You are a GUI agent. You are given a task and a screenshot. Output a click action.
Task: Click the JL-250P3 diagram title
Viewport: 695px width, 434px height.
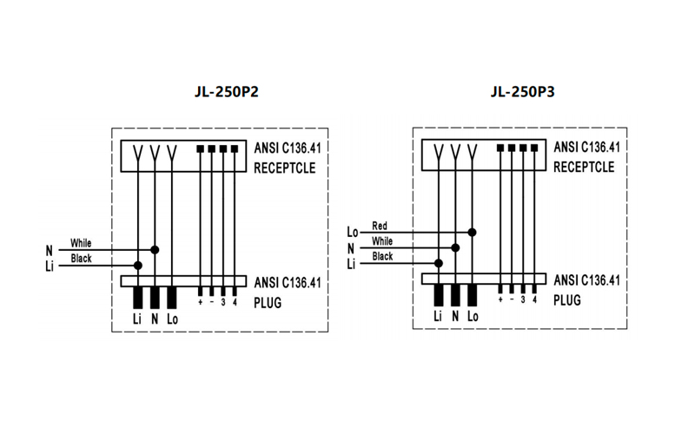(522, 91)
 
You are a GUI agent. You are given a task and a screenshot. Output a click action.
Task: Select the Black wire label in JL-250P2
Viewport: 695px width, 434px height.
(81, 259)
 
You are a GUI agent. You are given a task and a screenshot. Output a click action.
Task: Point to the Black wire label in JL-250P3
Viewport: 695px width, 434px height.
(382, 257)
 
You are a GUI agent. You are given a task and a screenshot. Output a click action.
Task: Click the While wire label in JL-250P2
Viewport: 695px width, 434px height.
(81, 243)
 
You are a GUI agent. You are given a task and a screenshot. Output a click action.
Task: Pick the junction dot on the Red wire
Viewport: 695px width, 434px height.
(472, 232)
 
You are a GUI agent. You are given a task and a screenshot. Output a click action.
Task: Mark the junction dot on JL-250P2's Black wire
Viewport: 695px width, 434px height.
(138, 265)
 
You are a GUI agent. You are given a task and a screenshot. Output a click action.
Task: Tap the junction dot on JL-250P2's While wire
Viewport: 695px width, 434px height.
(155, 249)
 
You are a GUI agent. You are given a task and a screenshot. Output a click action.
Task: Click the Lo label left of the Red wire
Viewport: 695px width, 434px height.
(353, 232)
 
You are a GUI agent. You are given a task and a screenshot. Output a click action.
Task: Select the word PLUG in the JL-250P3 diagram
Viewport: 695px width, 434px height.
(566, 299)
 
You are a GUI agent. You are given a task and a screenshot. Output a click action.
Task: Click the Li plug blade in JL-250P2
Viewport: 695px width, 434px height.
(138, 298)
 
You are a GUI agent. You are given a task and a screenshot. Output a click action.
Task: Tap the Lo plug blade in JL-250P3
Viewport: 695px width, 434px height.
(472, 296)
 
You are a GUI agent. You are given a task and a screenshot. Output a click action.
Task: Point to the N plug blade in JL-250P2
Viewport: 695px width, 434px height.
(155, 298)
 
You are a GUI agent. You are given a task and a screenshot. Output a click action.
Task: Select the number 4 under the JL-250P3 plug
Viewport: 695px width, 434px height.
(534, 300)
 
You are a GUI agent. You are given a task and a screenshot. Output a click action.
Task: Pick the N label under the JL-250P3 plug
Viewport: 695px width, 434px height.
(455, 317)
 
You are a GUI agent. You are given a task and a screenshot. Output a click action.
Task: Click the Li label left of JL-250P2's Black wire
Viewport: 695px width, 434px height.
(50, 266)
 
